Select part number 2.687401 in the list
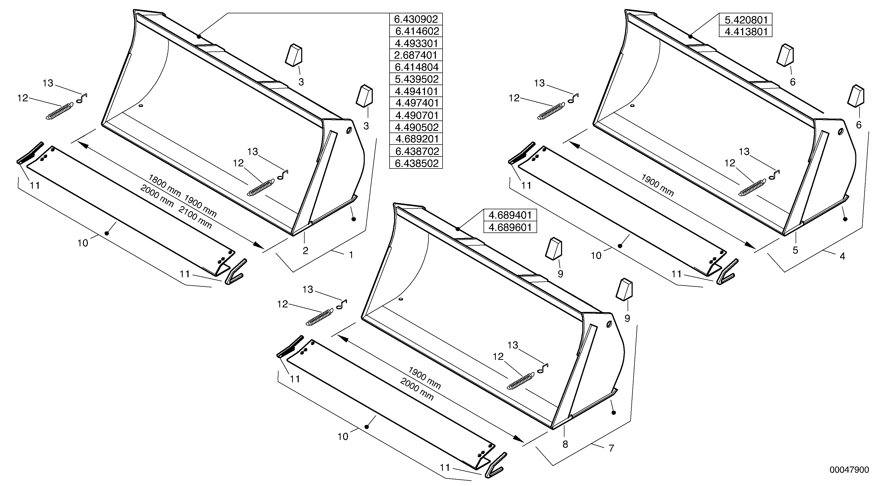[x=416, y=55]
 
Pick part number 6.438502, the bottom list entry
[x=416, y=163]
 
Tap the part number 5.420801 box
[x=745, y=19]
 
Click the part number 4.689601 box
[x=510, y=227]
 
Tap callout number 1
[x=351, y=255]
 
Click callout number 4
[x=842, y=256]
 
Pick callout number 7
[x=611, y=448]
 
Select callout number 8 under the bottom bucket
[x=565, y=444]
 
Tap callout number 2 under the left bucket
[x=305, y=251]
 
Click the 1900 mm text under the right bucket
[x=657, y=185]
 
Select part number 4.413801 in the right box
[x=745, y=32]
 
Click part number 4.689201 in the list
[x=416, y=139]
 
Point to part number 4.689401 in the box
[x=510, y=215]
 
